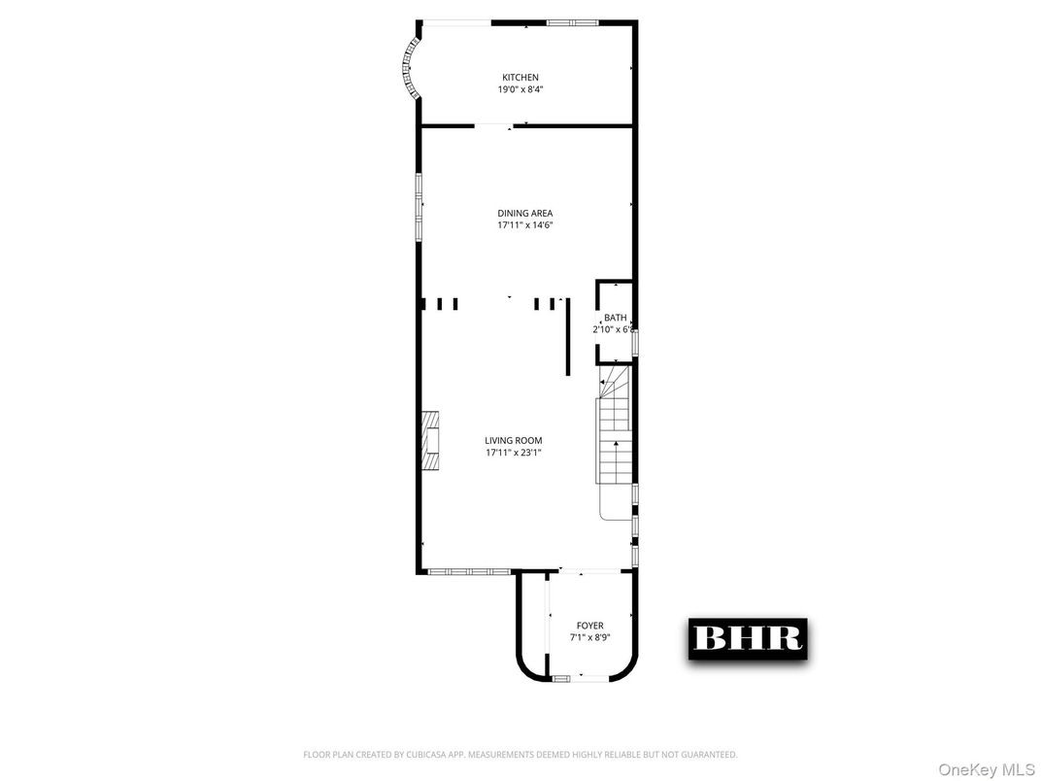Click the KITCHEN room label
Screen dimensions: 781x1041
(x=520, y=78)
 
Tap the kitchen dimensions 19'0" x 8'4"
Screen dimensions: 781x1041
(x=520, y=89)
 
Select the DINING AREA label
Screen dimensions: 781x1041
(x=524, y=214)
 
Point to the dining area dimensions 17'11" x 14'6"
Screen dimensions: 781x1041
(x=524, y=225)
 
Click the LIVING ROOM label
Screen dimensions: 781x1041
(x=514, y=441)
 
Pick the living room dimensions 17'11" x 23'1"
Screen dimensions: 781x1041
(x=514, y=453)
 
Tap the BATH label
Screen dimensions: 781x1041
(x=616, y=318)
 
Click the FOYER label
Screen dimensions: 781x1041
(x=589, y=627)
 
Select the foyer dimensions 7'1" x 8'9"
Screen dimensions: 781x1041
(x=589, y=638)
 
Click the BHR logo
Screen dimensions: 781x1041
(x=748, y=638)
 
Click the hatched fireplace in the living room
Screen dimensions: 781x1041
(x=430, y=442)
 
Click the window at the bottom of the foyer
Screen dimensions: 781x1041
(x=561, y=678)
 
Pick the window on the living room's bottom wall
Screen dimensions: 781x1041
(x=463, y=571)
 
